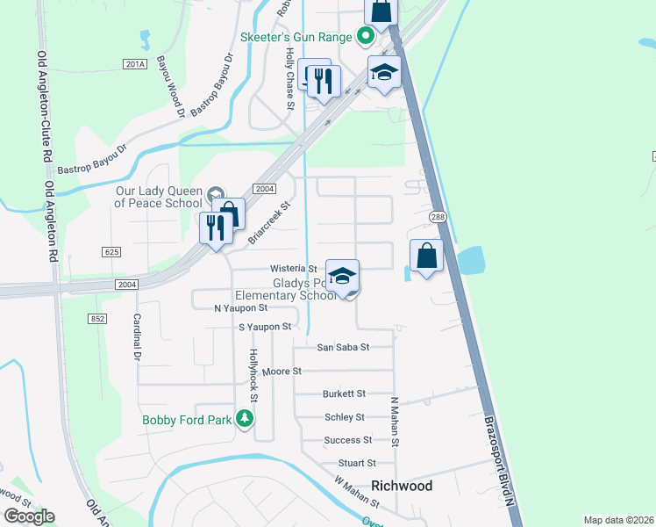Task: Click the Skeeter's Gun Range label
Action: tap(296, 37)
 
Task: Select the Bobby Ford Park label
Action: tap(187, 420)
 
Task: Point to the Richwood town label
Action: tap(402, 486)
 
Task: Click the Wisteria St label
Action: tap(293, 268)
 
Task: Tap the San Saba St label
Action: tap(343, 347)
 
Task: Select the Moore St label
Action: tap(282, 372)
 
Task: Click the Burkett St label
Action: tap(344, 394)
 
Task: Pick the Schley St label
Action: tap(344, 417)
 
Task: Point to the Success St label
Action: tap(347, 440)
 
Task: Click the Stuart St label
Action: tap(357, 463)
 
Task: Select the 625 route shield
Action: tap(111, 252)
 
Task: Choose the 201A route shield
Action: tap(134, 64)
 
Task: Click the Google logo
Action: tap(29, 516)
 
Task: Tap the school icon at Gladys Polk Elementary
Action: tap(342, 276)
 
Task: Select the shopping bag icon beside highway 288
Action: tap(426, 256)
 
